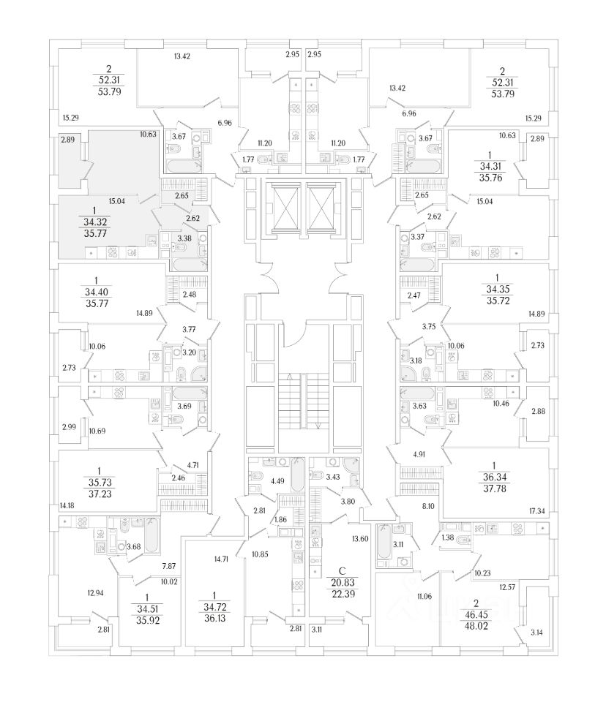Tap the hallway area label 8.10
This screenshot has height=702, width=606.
430,505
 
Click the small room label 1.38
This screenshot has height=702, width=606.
447,538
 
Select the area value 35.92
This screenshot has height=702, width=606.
148,620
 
